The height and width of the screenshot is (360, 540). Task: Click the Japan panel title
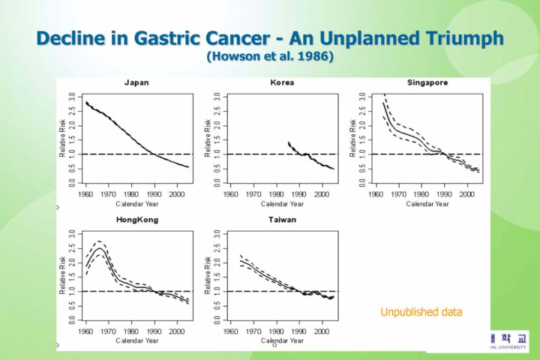(x=136, y=82)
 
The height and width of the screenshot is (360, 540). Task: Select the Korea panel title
(x=282, y=82)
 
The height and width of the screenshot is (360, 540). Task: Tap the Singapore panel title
(x=428, y=82)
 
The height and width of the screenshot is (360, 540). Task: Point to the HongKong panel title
(x=136, y=220)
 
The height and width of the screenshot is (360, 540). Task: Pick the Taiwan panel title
(x=282, y=220)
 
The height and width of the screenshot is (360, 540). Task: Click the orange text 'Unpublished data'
(x=421, y=311)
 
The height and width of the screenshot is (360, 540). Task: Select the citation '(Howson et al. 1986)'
(x=269, y=56)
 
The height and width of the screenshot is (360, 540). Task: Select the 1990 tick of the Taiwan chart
(x=300, y=331)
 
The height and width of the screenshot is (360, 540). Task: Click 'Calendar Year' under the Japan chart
(x=137, y=203)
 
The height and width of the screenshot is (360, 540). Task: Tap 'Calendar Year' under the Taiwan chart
(x=283, y=341)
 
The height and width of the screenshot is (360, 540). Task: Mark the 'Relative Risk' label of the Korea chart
(x=208, y=139)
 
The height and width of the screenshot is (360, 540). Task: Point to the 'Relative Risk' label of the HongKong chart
(x=62, y=276)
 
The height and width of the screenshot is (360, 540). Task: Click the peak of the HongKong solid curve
(x=99, y=247)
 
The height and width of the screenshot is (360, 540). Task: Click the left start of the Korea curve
(x=289, y=142)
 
